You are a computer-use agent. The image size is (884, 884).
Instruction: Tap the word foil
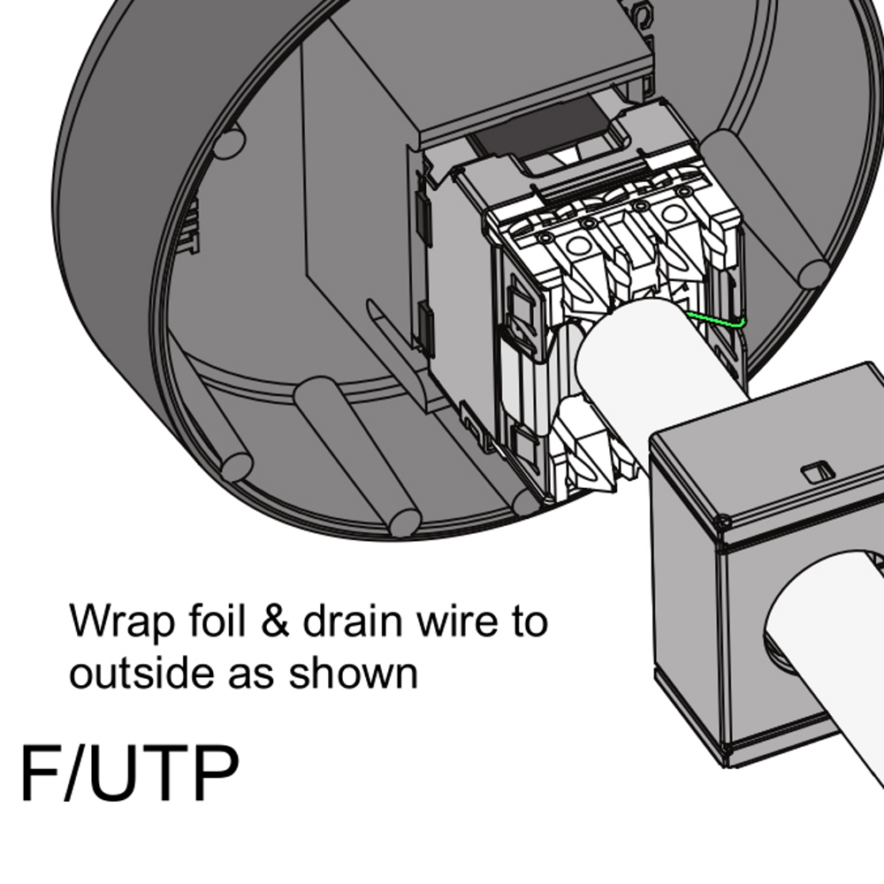pyautogui.click(x=210, y=622)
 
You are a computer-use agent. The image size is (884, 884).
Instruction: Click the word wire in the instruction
pyautogui.click(x=455, y=622)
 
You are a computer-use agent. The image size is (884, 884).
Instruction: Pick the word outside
pyautogui.click(x=141, y=674)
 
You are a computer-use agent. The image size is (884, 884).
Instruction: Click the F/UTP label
pyautogui.click(x=129, y=774)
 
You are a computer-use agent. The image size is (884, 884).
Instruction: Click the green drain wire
pyautogui.click(x=716, y=321)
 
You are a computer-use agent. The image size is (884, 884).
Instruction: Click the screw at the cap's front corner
pyautogui.click(x=724, y=524)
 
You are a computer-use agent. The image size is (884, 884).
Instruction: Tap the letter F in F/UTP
pyautogui.click(x=41, y=774)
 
